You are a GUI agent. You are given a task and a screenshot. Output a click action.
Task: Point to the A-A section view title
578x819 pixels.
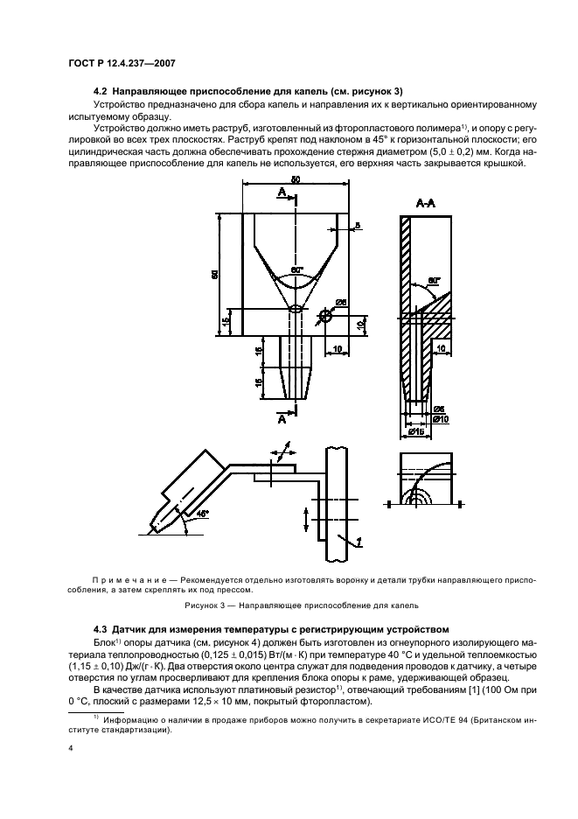point(428,202)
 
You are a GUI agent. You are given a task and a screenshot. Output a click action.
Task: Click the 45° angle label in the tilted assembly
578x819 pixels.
point(203,515)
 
